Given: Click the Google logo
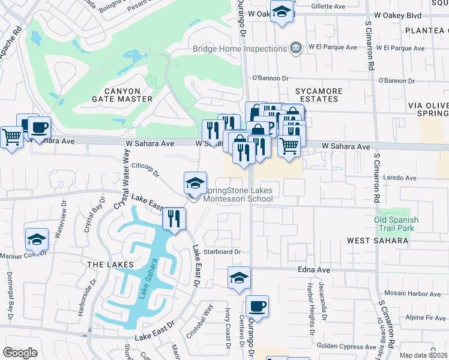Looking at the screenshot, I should click(x=20, y=353).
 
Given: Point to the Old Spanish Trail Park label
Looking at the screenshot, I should click(x=396, y=224).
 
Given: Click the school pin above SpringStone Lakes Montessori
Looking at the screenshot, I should click(x=195, y=183).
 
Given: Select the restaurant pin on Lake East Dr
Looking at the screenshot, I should click(x=174, y=218).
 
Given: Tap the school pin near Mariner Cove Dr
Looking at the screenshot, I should click(x=37, y=239).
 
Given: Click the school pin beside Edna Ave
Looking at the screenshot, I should click(x=239, y=278).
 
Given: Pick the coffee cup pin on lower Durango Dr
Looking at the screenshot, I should click(x=257, y=306).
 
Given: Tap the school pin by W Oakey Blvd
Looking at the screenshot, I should click(x=281, y=11).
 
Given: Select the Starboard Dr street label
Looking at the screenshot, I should click(x=221, y=252).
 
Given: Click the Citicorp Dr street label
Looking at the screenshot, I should click(x=145, y=170).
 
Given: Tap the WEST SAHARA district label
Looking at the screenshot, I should click(x=377, y=240).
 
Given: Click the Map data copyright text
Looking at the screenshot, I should click(x=423, y=355).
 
